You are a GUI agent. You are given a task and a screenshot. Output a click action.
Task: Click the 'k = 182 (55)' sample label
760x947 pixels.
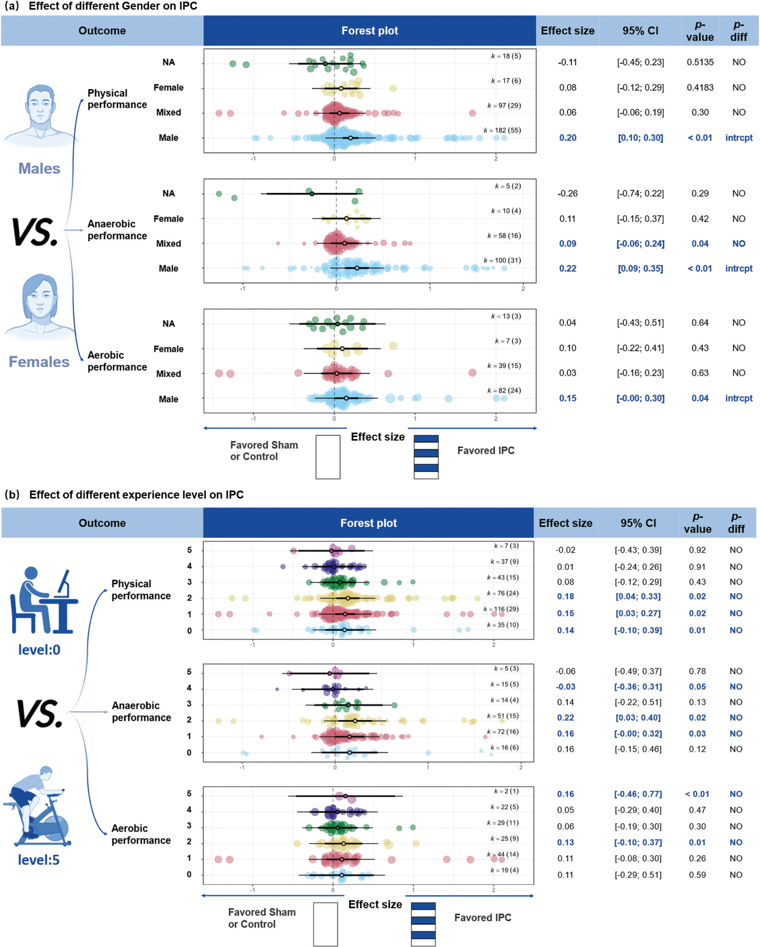click(x=502, y=130)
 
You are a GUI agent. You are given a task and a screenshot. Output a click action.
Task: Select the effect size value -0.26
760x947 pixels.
click(x=568, y=194)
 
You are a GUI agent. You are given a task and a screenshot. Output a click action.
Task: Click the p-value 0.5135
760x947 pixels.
click(x=700, y=62)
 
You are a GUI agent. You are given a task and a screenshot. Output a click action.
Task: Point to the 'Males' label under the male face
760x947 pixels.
click(x=39, y=169)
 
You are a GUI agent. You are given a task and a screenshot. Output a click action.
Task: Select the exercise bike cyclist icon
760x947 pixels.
click(x=39, y=808)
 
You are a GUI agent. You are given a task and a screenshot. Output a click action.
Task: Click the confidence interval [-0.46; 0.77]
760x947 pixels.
click(x=638, y=794)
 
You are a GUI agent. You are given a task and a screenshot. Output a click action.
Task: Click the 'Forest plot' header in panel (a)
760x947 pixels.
click(x=369, y=31)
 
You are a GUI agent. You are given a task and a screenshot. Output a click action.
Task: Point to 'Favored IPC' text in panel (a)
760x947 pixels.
click(x=485, y=451)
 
